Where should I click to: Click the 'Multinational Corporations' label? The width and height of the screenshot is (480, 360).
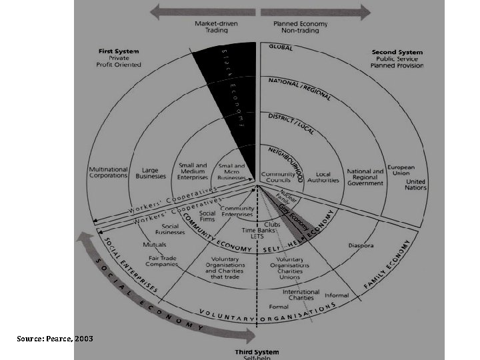(x=108, y=171)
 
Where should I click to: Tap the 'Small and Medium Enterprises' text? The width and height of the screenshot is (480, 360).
(x=193, y=172)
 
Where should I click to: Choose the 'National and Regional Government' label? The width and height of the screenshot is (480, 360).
(x=365, y=177)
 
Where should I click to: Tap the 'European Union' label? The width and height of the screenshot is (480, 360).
(x=401, y=171)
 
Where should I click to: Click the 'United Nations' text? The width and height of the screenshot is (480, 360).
(x=415, y=185)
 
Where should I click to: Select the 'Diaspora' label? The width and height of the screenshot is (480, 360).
(x=361, y=245)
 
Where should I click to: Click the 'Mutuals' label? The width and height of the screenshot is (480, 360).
(x=154, y=245)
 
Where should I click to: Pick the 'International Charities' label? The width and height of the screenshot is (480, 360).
(x=301, y=295)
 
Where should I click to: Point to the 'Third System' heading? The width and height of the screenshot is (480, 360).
(x=257, y=352)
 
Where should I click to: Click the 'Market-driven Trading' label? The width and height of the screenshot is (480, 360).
(x=211, y=26)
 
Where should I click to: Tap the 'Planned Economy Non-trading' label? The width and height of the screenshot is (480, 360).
(x=301, y=26)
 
